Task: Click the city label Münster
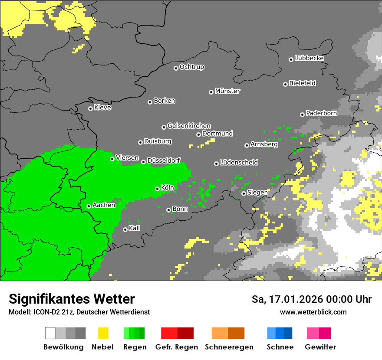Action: (227, 91)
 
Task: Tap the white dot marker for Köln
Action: (158, 189)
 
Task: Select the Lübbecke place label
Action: (309, 58)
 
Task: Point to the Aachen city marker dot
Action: (89, 206)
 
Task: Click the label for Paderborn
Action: (321, 113)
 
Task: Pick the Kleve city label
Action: (102, 108)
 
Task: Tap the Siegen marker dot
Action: (244, 193)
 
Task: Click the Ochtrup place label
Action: (191, 67)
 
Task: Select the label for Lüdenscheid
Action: (239, 162)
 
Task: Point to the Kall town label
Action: (134, 228)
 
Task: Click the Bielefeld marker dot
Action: (285, 84)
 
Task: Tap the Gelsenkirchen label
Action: (189, 126)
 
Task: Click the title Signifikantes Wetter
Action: (72, 299)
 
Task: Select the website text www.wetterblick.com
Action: (313, 312)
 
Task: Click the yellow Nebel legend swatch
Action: (103, 333)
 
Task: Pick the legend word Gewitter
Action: (320, 347)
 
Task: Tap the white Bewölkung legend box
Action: (50, 333)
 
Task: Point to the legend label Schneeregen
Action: (229, 347)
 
